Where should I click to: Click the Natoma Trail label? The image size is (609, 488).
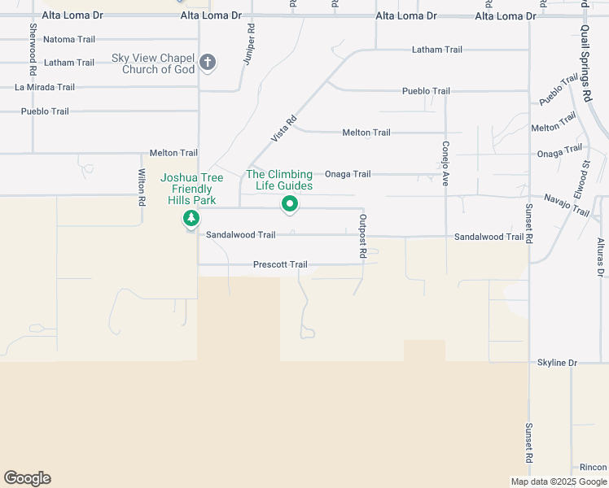point(69,39)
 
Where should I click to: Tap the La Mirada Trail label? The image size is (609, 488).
point(45,87)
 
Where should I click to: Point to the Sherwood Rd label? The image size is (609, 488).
point(33,39)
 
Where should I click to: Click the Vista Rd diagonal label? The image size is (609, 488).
point(284,130)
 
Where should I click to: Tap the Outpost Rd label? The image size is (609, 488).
point(362,237)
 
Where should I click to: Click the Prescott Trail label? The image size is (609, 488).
point(280,264)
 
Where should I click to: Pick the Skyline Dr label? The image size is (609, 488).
point(557,362)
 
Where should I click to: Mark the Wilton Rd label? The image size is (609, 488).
point(142,187)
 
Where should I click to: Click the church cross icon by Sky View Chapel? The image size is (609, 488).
point(208,63)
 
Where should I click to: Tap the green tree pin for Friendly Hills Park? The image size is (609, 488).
point(191,218)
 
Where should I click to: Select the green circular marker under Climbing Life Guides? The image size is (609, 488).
point(289,204)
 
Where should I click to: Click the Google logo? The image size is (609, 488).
point(27,478)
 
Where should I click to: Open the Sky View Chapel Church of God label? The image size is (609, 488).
point(153,64)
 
